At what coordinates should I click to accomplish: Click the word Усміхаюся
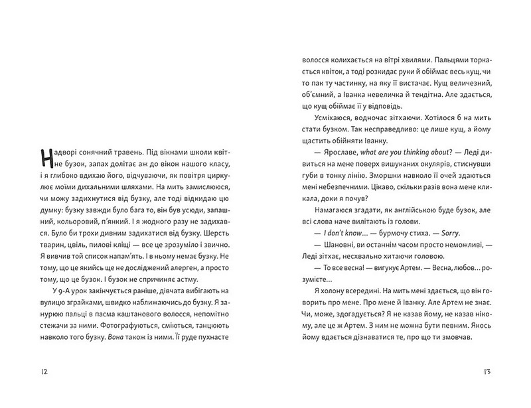320,123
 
